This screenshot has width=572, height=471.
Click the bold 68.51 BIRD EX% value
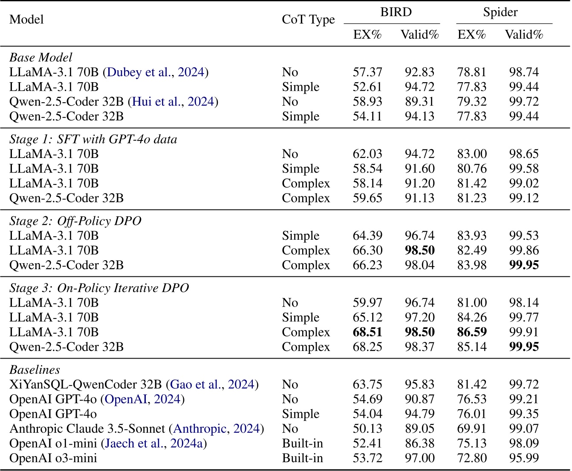point(367,332)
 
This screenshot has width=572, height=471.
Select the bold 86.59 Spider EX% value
point(472,332)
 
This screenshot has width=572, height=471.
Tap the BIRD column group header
point(396,12)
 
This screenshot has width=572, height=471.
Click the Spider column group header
point(500,12)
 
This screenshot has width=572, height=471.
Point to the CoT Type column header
point(308,20)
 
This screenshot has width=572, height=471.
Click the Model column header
point(26,20)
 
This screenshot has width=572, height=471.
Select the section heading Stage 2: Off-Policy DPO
point(75,221)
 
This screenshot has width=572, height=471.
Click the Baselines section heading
point(35,370)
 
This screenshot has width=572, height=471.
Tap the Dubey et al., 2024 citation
point(156,72)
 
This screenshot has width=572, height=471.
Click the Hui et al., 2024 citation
point(173,102)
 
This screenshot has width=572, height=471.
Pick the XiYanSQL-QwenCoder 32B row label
point(85,385)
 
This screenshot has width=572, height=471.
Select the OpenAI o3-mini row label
point(53,458)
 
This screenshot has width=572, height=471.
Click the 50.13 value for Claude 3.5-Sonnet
point(367,429)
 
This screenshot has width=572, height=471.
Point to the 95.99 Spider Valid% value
point(524,458)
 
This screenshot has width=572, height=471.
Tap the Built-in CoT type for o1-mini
point(302,444)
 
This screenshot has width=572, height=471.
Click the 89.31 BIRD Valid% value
point(419,102)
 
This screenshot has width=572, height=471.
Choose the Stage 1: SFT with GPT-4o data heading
point(93,139)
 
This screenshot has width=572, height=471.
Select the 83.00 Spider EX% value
point(472,154)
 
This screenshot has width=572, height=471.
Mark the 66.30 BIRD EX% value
point(367,250)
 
